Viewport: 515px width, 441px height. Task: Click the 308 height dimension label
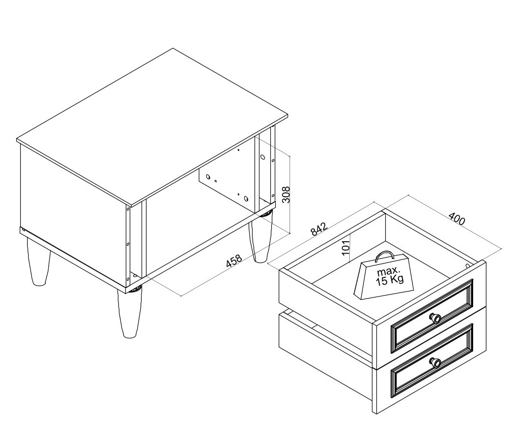pos(287,195)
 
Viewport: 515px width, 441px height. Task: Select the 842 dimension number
pos(319,229)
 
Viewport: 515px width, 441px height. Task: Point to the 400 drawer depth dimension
pos(457,219)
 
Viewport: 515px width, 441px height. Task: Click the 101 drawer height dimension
pos(346,247)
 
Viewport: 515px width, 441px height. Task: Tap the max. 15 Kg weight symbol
pos(384,276)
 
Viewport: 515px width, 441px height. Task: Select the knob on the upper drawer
pos(435,318)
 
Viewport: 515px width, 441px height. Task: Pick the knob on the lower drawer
pos(435,362)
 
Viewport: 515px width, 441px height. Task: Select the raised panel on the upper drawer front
pos(432,316)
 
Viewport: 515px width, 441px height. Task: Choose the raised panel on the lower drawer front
pos(432,361)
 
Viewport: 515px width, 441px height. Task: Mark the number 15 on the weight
pos(382,281)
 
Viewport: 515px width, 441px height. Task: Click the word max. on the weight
pos(389,271)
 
